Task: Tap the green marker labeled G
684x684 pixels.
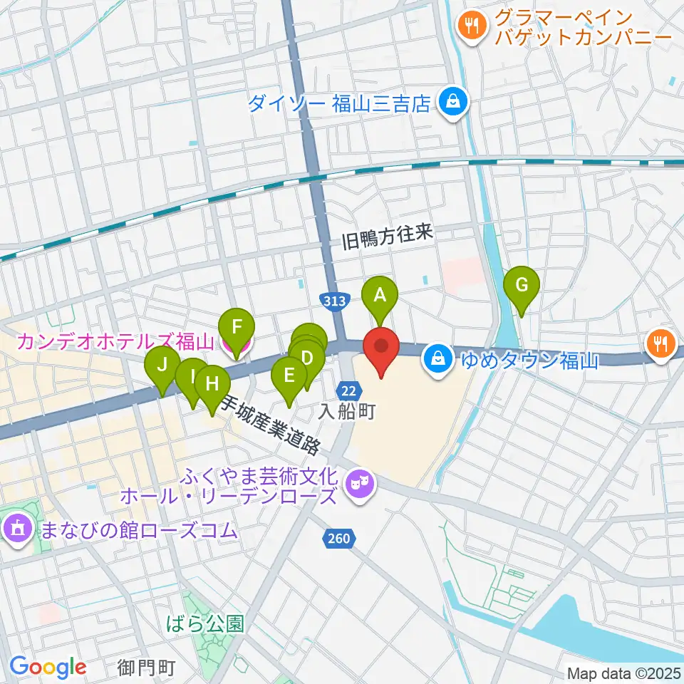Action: [522, 285]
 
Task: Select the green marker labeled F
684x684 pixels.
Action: [238, 328]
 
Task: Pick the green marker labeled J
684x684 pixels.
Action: [162, 366]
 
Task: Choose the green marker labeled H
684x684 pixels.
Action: [212, 383]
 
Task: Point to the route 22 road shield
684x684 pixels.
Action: [348, 390]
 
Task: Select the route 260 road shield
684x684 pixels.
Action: [340, 538]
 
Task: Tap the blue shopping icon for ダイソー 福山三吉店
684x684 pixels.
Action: [452, 103]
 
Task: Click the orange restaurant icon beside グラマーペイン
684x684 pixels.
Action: [471, 26]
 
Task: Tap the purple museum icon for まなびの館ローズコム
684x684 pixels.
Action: [16, 529]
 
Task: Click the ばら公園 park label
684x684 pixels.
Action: [204, 625]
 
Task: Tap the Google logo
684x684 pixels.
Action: [48, 667]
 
